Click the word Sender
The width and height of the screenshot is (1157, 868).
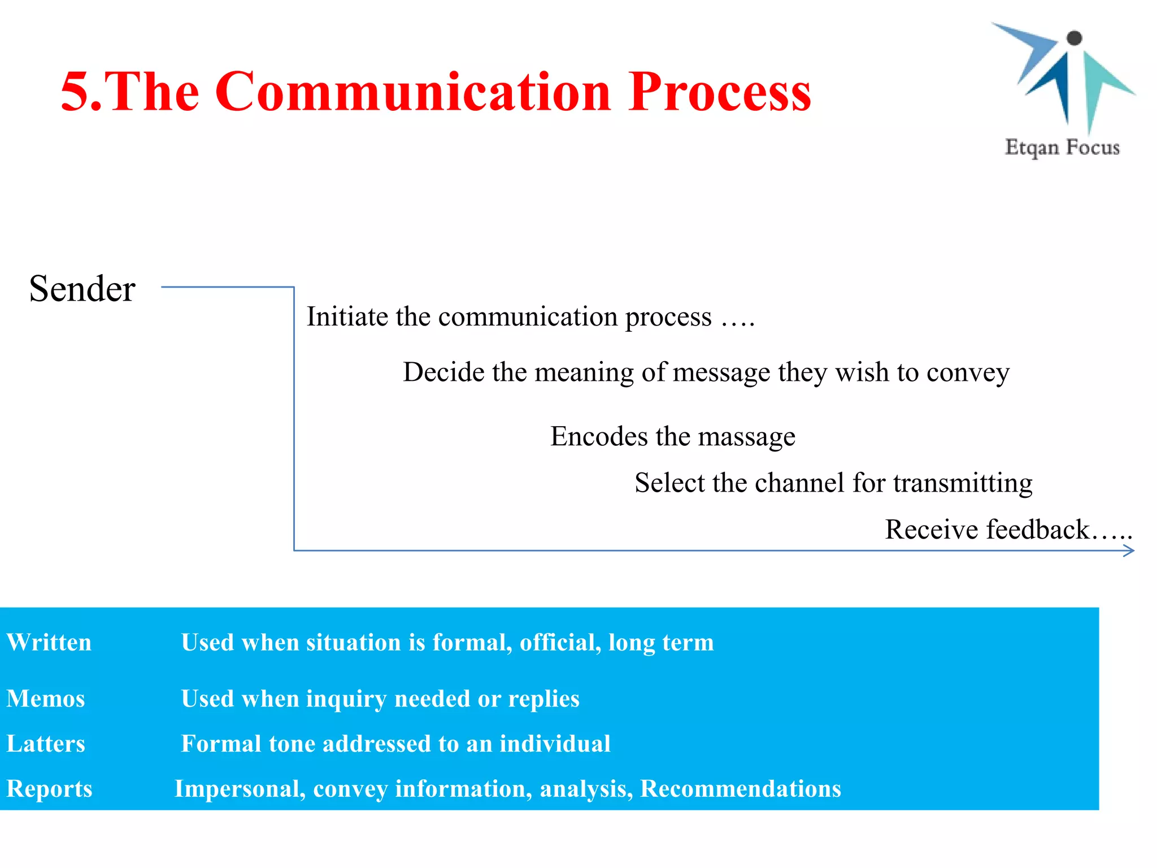(82, 289)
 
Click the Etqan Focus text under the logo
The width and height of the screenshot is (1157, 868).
(1062, 147)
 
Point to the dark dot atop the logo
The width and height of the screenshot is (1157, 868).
(1074, 38)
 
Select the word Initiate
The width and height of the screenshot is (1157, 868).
(348, 316)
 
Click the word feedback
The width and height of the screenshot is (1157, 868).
(1038, 530)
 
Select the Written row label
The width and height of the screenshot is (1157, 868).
(49, 643)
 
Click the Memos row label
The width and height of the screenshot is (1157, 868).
(46, 698)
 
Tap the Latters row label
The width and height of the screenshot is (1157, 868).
(46, 744)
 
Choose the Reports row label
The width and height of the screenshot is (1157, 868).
(49, 789)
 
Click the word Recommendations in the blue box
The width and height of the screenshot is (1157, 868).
(740, 789)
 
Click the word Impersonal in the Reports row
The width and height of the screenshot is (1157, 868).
(240, 789)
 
